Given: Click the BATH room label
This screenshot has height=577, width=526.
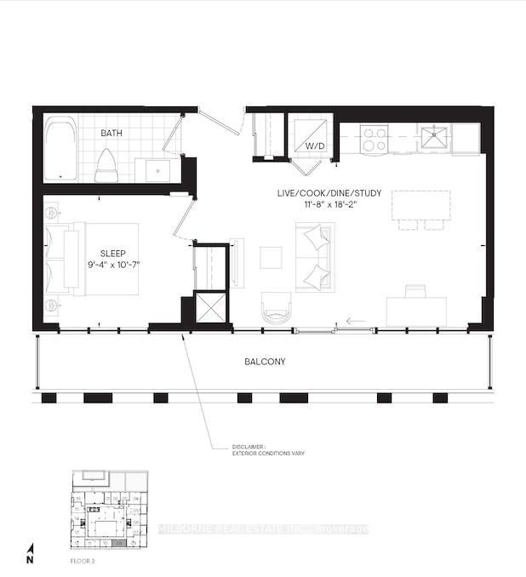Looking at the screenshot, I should coord(111,134).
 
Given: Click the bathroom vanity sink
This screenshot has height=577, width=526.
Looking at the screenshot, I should coord(160,169).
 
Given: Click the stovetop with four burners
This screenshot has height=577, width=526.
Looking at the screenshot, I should coord(374,139).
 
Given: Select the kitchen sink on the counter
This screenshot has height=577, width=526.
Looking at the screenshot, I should coord(436,135).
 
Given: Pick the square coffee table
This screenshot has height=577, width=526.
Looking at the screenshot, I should coord(271,257).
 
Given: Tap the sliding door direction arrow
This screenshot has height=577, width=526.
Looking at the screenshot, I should coord(355,322).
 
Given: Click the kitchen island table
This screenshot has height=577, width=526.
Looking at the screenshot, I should coord(420,205).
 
